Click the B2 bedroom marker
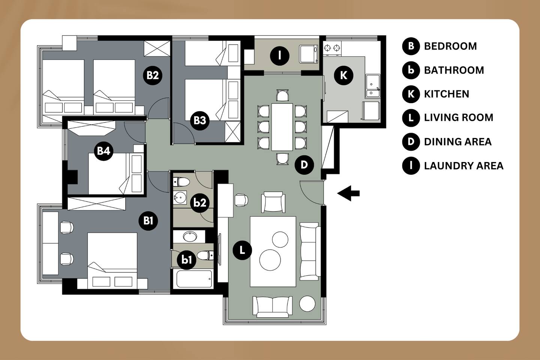(153, 75)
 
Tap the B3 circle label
(199, 120)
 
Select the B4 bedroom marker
(103, 151)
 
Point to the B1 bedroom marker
(148, 220)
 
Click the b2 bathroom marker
(200, 203)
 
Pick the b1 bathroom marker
(186, 260)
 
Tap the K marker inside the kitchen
(343, 75)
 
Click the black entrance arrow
(348, 193)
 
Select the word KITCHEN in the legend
(447, 94)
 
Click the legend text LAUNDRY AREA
(463, 166)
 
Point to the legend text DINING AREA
(457, 142)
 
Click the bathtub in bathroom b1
(194, 279)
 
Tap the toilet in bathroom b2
(181, 182)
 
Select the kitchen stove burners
(332, 48)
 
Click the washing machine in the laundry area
(309, 54)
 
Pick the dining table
(282, 127)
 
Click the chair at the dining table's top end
(282, 95)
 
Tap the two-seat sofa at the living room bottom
(272, 307)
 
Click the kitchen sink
(373, 86)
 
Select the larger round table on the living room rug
(270, 260)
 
